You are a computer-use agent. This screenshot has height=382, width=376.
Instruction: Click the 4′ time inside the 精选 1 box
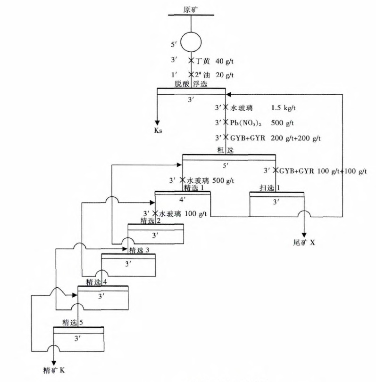[183, 199]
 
